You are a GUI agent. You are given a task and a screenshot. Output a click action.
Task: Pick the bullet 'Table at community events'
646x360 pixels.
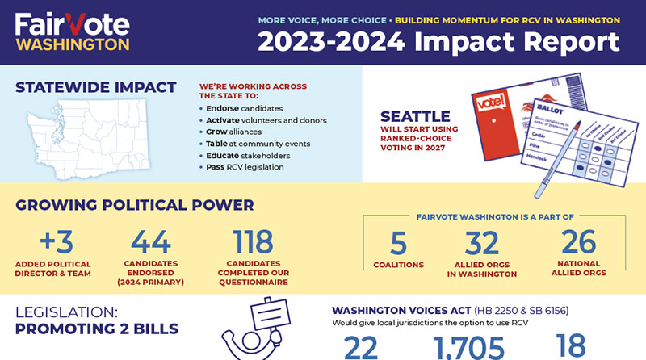click(x=251, y=143)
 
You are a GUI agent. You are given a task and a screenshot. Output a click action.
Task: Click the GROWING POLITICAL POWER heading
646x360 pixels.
click(x=135, y=205)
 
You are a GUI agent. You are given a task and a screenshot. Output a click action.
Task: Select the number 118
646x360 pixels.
click(x=253, y=241)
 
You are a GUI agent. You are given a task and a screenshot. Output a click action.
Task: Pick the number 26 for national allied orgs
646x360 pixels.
click(x=577, y=243)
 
